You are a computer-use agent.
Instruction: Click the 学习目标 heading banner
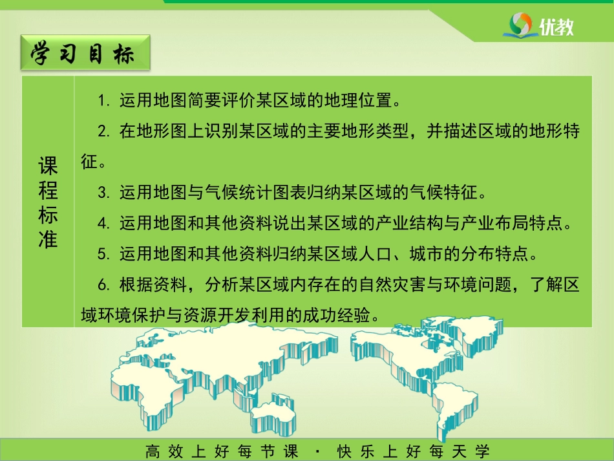[x=85, y=53]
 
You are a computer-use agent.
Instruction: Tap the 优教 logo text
[x=556, y=27]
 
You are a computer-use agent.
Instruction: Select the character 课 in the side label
[x=48, y=166]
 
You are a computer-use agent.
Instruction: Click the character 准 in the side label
[x=48, y=239]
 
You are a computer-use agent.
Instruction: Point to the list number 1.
[x=103, y=101]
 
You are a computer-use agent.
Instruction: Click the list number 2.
[x=103, y=131]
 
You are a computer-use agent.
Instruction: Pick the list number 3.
[x=103, y=193]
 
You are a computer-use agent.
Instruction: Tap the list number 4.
[x=103, y=223]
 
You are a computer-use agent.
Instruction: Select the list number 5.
[x=103, y=254]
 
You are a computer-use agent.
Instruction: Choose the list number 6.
[x=103, y=284]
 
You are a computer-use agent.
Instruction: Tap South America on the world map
[x=454, y=407]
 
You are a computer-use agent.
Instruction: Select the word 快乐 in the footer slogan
[x=355, y=451]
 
